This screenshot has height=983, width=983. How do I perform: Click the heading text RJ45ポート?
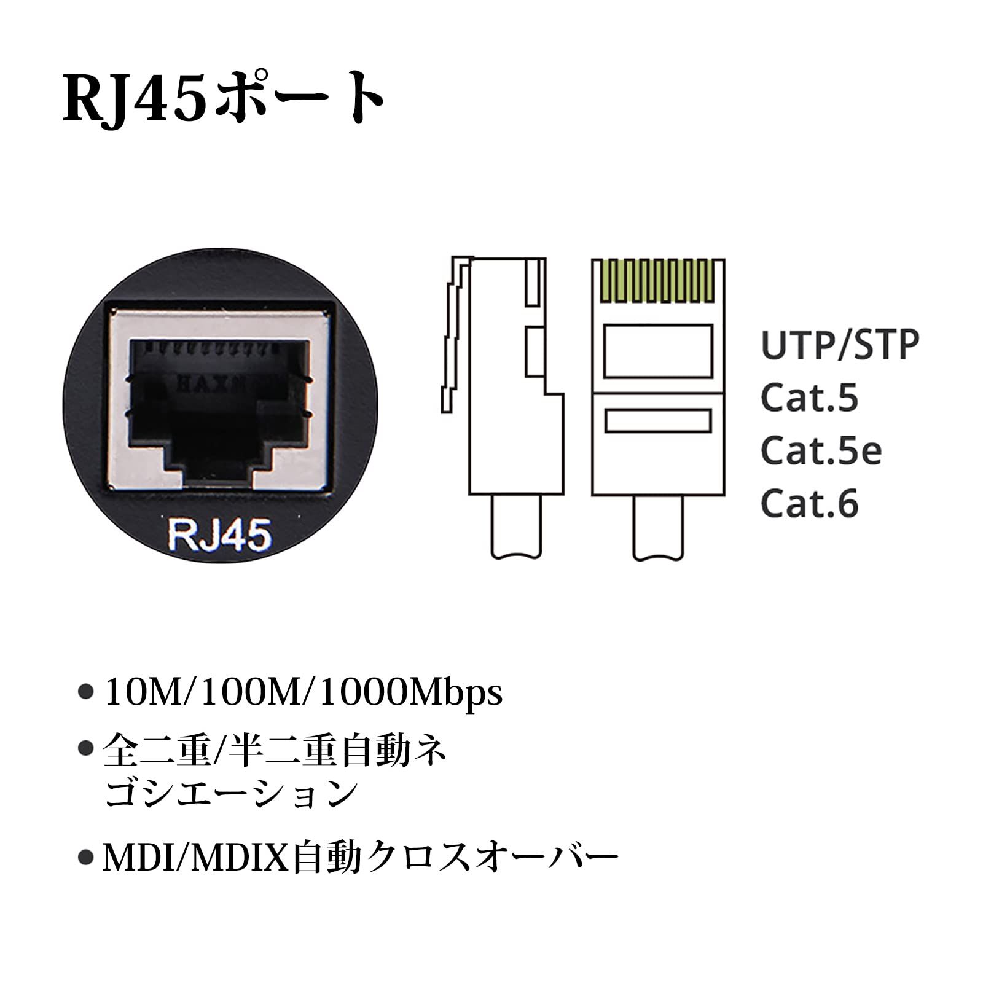click(224, 98)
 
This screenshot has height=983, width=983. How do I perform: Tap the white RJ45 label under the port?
click(219, 534)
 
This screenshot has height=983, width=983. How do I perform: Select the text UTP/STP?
click(839, 345)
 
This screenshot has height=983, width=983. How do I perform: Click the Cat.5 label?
click(809, 398)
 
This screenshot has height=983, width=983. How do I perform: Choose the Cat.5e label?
click(821, 451)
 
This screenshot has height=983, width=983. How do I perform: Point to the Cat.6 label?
click(809, 504)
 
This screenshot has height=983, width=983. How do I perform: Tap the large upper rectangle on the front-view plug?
click(658, 351)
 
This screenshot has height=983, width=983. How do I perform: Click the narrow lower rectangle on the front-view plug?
click(658, 421)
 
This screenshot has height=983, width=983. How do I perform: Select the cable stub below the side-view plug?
click(517, 527)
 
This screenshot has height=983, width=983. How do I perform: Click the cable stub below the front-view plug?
click(658, 527)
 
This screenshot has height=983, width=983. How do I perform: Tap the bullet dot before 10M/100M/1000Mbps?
click(86, 692)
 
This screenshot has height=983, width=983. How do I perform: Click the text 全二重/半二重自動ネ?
click(275, 752)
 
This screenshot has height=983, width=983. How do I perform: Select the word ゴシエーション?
click(231, 793)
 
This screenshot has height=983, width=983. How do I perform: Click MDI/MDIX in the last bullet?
click(196, 857)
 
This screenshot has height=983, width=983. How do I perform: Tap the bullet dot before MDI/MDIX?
click(86, 858)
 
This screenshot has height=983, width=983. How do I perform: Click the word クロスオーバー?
click(491, 857)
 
